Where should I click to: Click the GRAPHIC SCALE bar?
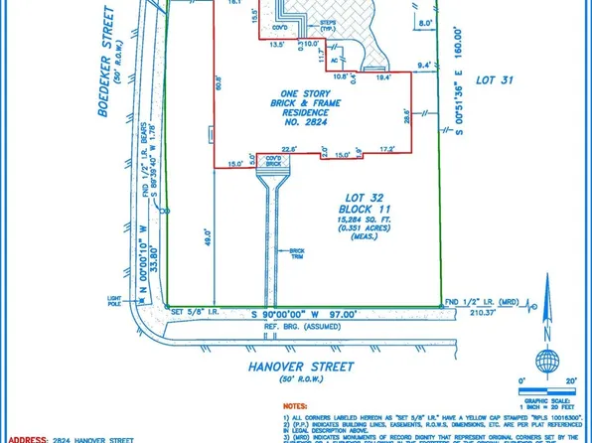(543, 388)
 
